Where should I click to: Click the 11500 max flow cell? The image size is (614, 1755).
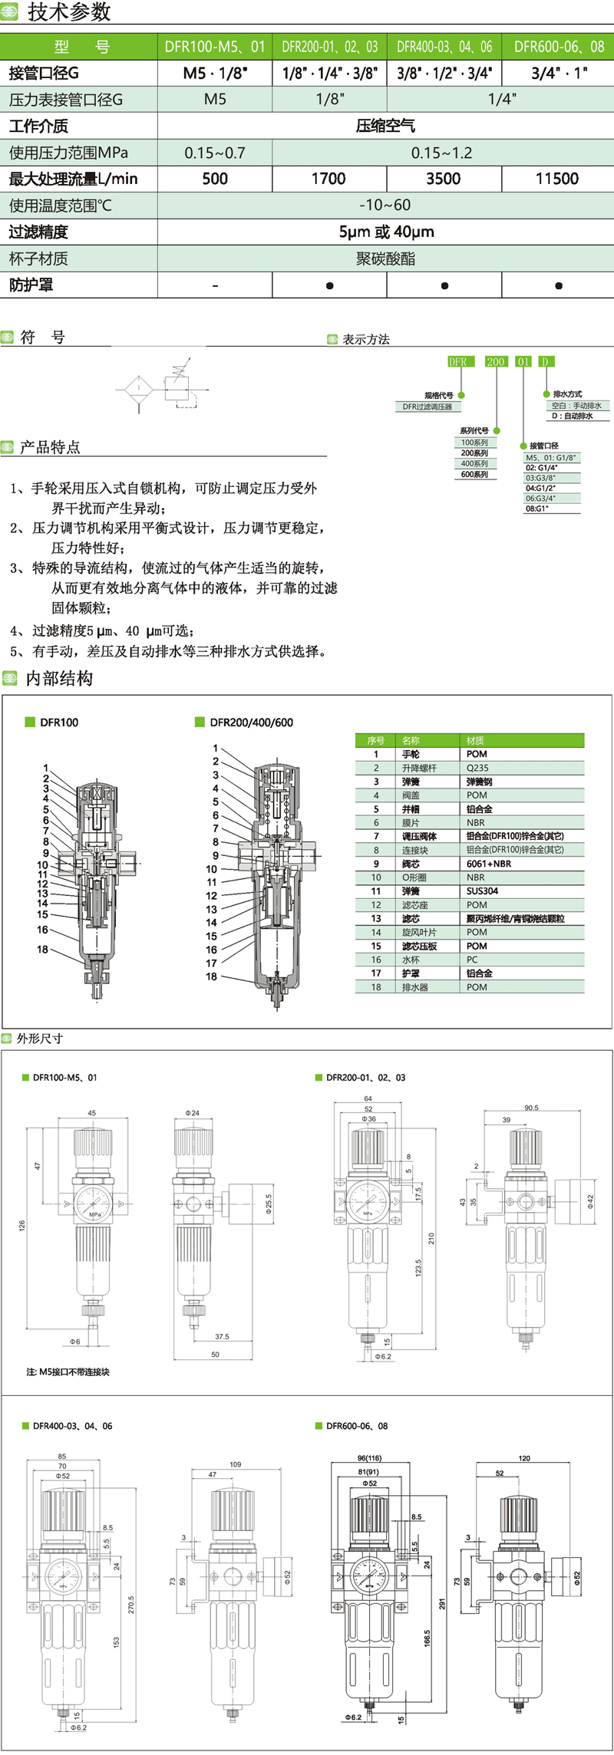click(x=557, y=179)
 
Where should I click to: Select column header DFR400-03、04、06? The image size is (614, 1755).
click(x=444, y=47)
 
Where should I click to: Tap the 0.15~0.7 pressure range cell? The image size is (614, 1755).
click(x=215, y=153)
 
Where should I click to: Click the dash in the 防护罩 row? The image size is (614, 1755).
click(x=215, y=285)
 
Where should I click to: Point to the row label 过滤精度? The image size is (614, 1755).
click(x=38, y=232)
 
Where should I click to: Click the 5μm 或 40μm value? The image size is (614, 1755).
click(x=386, y=232)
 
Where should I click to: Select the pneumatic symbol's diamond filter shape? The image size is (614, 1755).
click(x=140, y=390)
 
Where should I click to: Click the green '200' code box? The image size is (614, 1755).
click(x=496, y=361)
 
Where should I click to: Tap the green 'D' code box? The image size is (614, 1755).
click(x=545, y=361)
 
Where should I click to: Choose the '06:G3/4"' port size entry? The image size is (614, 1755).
click(x=541, y=498)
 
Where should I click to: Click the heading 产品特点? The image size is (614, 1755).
click(x=50, y=447)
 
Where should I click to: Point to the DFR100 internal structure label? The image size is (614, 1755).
click(x=59, y=722)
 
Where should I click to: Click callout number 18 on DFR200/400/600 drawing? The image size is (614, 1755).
click(x=211, y=976)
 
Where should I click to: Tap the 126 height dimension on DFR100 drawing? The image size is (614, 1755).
click(x=22, y=1226)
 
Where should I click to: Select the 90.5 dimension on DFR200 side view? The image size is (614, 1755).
click(x=531, y=1108)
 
